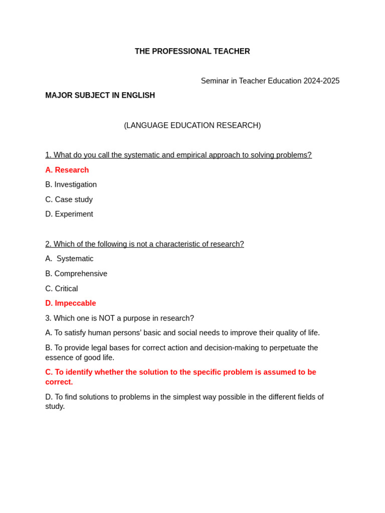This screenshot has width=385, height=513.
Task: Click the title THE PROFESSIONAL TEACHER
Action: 192,52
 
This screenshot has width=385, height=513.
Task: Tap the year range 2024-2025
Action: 321,81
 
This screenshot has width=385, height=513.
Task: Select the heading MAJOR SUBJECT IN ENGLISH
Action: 100,96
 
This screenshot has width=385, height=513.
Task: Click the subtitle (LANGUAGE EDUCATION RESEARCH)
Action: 192,126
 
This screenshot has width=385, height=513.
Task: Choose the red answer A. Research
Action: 67,170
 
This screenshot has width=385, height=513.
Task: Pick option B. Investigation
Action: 71,185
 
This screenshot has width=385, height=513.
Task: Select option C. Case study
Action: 69,200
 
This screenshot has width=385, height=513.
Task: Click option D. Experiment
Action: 69,214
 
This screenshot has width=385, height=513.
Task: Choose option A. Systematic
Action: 70,259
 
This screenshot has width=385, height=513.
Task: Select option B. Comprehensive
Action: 76,274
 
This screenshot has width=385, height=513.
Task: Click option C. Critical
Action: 62,289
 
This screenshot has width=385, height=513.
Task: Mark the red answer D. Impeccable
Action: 71,304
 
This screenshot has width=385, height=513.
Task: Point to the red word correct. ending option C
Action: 59,382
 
